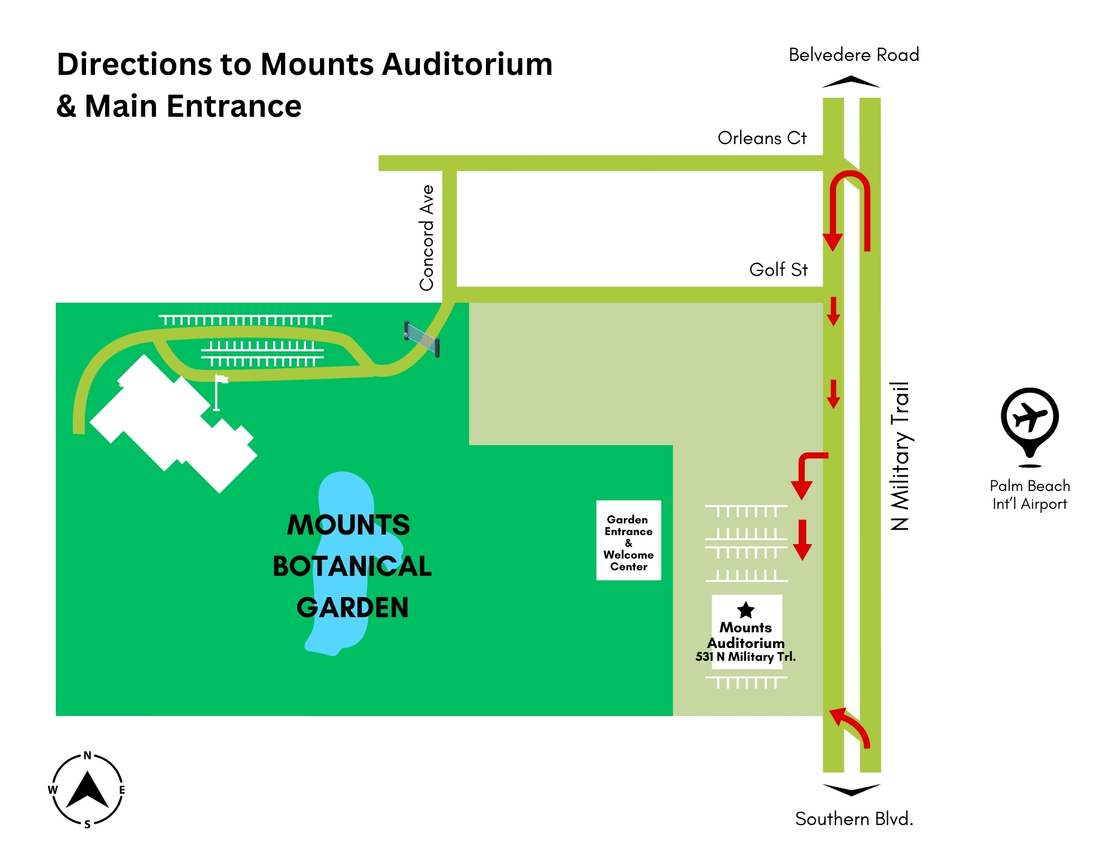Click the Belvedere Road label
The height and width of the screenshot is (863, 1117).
853,55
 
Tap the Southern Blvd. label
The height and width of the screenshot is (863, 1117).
853,818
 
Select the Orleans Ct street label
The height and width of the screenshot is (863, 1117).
762,138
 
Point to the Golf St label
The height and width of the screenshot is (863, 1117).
778,270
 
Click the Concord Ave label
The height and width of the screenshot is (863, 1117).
427,238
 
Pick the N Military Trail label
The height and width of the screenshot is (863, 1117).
900,456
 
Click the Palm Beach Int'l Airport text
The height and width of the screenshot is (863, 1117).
1029,495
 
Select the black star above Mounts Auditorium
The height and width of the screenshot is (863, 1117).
746,610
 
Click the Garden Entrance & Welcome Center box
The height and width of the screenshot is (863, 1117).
628,541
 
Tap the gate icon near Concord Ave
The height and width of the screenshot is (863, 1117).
422,338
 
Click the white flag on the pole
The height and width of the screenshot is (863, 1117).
222,380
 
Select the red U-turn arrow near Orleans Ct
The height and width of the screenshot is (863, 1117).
849,207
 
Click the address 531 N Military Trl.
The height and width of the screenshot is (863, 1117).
746,657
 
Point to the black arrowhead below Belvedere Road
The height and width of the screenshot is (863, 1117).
851,82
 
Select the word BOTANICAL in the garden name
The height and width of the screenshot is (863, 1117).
352,566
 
